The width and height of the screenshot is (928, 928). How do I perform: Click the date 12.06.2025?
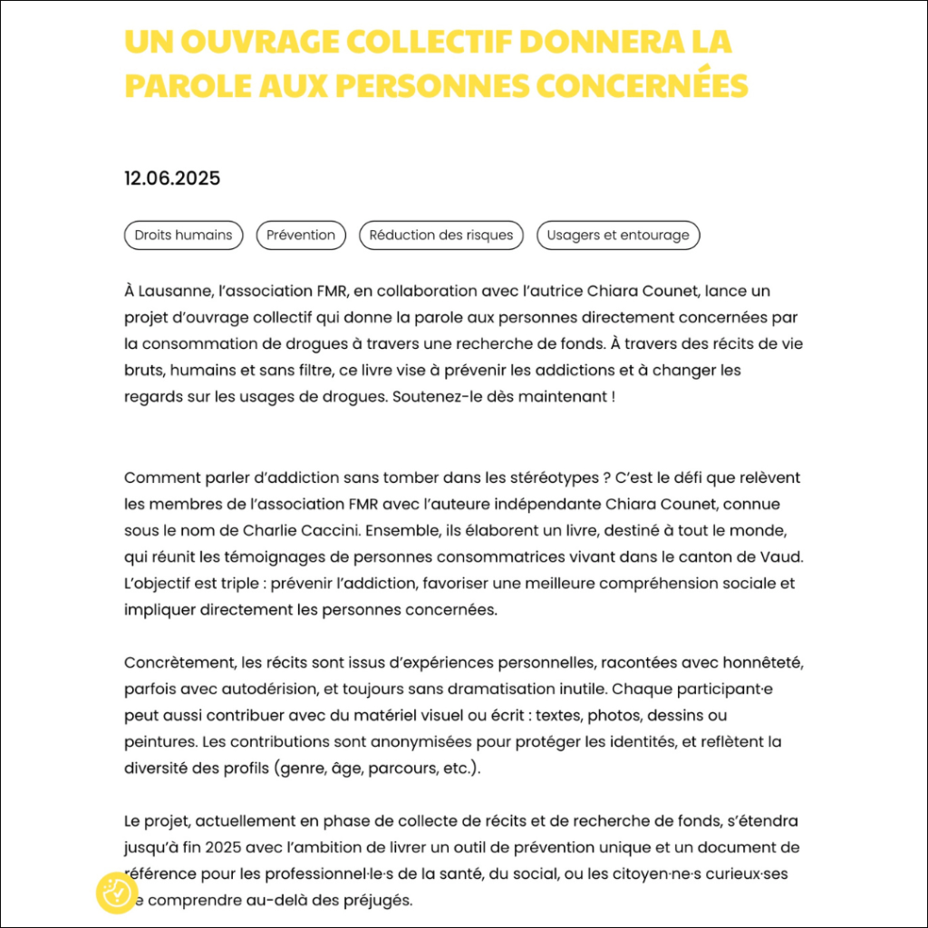pyautogui.click(x=172, y=179)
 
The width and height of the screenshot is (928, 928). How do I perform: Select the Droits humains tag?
pyautogui.click(x=184, y=236)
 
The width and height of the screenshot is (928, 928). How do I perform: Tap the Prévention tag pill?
pyautogui.click(x=301, y=236)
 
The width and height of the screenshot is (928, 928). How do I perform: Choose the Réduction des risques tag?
pyautogui.click(x=441, y=236)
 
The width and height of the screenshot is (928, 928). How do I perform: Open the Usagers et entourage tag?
pyautogui.click(x=618, y=236)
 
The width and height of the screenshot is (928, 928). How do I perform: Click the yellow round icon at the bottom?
pyautogui.click(x=116, y=894)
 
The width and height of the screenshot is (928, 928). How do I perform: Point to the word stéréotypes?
pyautogui.click(x=547, y=478)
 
